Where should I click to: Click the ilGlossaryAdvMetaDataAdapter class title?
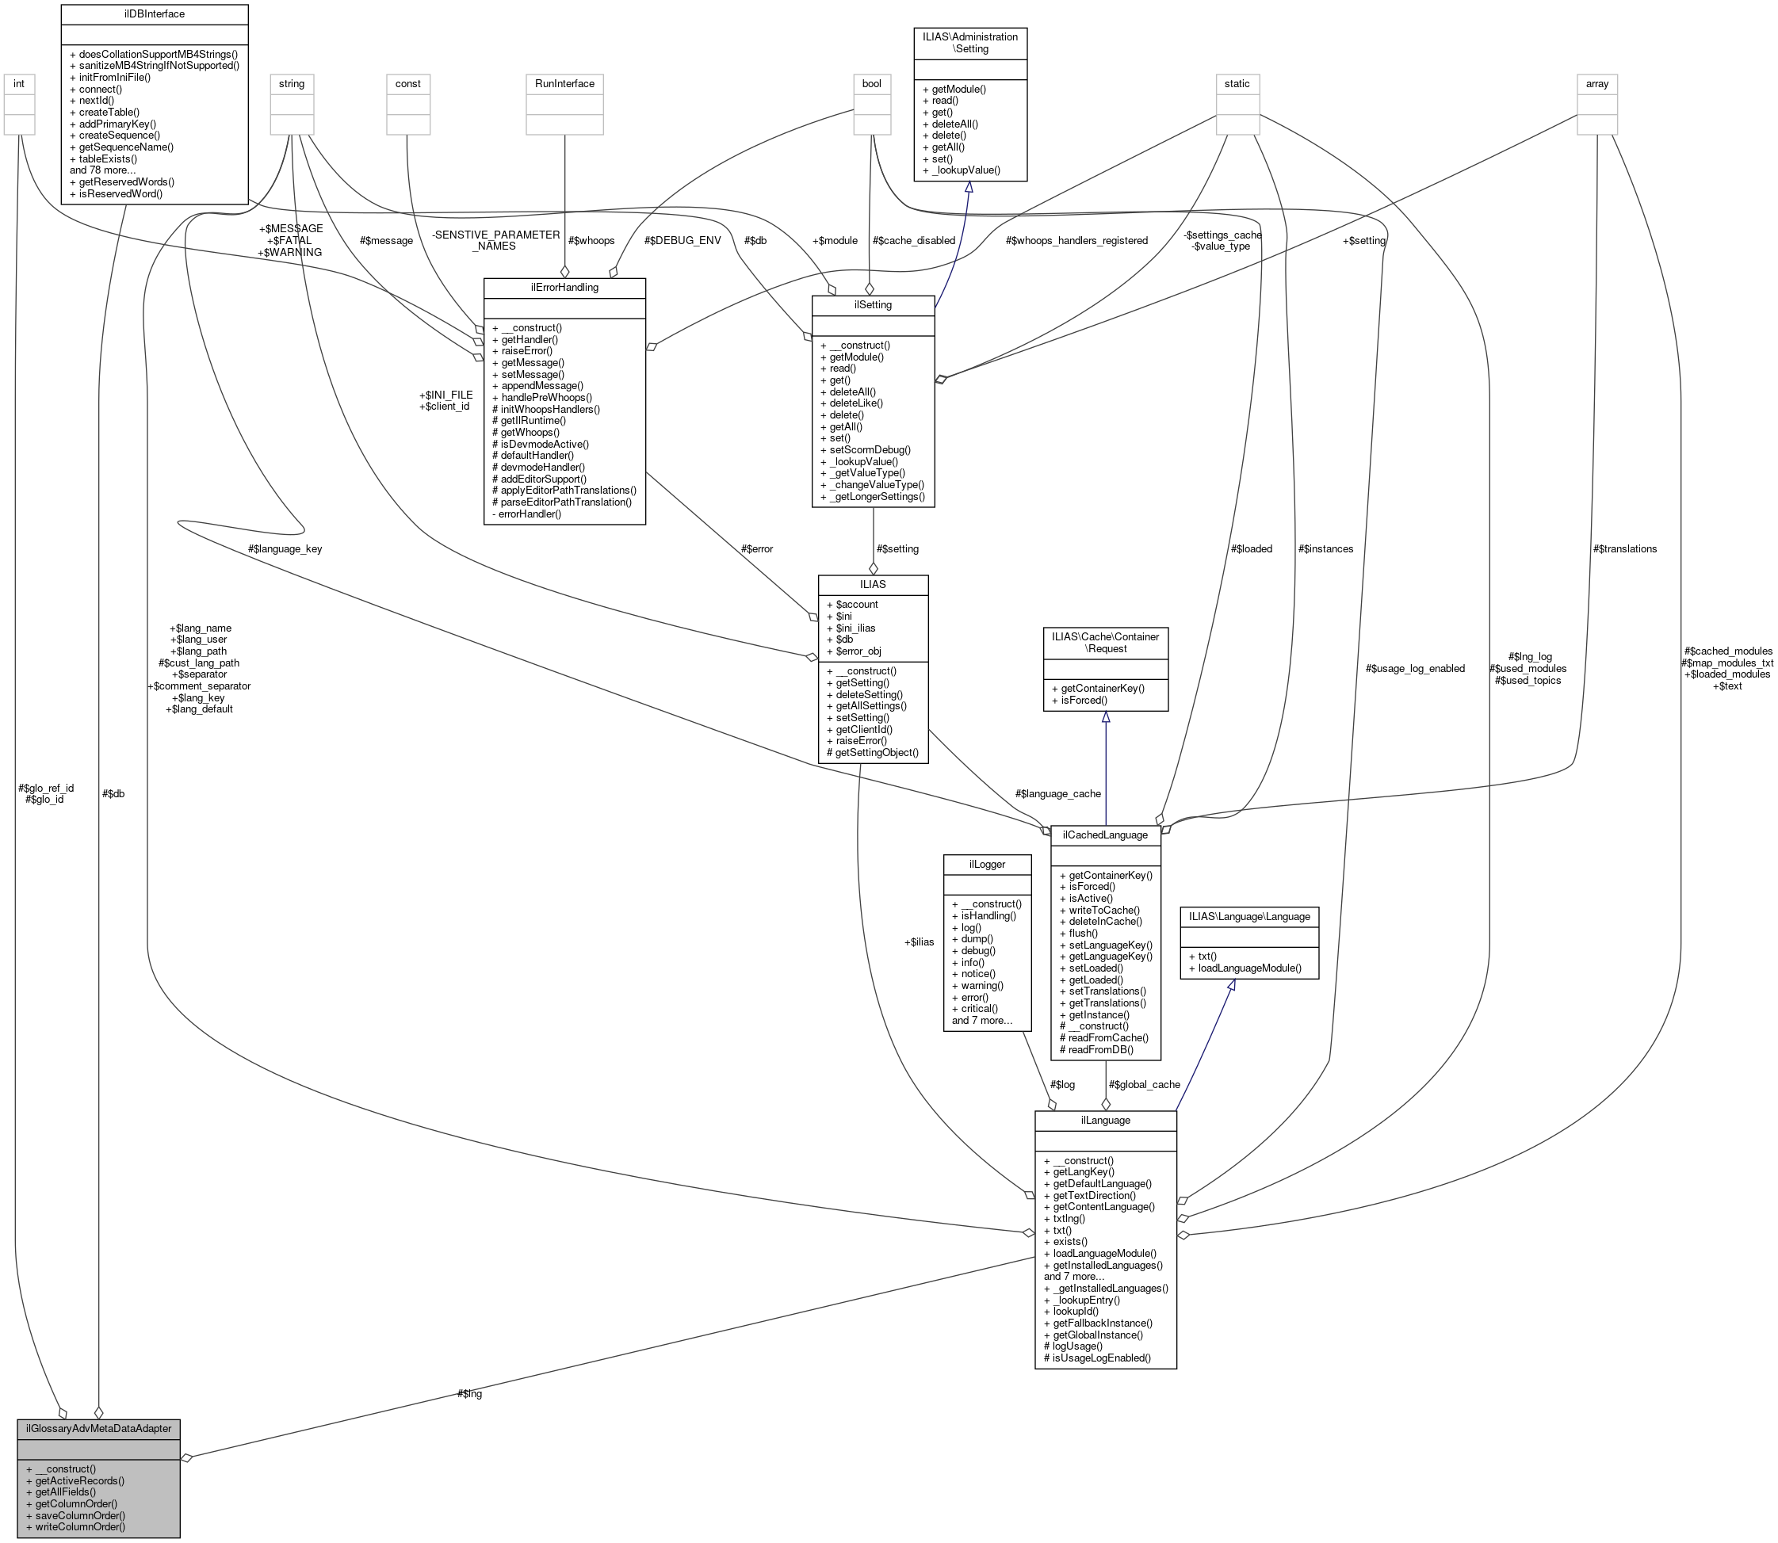pyautogui.click(x=98, y=1428)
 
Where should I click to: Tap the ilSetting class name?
pyautogui.click(x=872, y=305)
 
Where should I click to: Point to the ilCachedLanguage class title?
pyautogui.click(x=1105, y=835)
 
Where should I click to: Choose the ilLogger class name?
pyautogui.click(x=987, y=864)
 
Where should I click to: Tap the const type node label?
pyautogui.click(x=407, y=83)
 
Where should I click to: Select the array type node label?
pyautogui.click(x=1596, y=83)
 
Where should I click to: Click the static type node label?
pyautogui.click(x=1237, y=83)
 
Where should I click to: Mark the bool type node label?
pyautogui.click(x=871, y=83)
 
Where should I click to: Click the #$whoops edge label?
pyautogui.click(x=591, y=240)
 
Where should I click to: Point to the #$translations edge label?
pyautogui.click(x=1624, y=548)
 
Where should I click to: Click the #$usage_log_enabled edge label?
pyautogui.click(x=1415, y=668)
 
